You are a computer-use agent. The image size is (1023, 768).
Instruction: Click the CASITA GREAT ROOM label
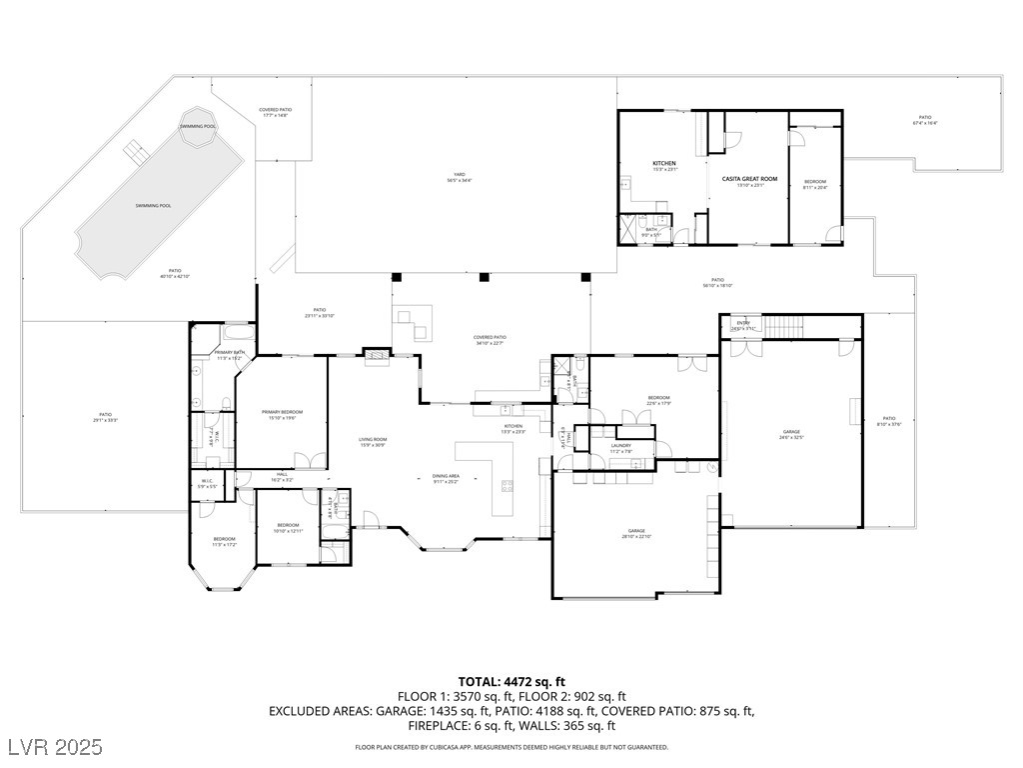pos(749,179)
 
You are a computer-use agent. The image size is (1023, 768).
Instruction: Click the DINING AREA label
pos(445,477)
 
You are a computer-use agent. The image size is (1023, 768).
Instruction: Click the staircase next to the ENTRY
pos(788,326)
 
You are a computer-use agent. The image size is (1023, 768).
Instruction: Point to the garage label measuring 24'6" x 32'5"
pos(791,434)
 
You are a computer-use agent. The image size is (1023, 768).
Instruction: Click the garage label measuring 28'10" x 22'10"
pos(636,533)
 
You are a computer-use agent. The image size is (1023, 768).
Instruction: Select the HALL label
pos(282,476)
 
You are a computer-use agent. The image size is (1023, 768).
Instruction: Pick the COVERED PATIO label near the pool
pos(275,112)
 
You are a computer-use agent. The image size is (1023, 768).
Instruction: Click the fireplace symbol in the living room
pos(376,354)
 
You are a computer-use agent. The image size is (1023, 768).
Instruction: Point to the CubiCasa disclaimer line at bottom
pos(511,747)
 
